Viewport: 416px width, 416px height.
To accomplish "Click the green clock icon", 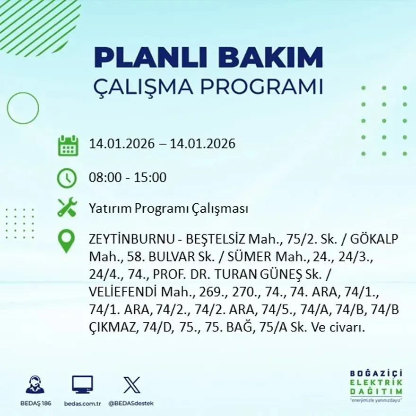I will click(67, 178).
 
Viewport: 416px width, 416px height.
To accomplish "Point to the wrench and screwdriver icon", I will click(67, 208).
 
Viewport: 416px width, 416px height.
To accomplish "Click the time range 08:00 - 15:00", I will click(128, 178).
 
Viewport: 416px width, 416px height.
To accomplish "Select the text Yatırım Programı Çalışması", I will click(168, 208).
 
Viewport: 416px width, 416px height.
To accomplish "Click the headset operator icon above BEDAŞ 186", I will click(35, 385).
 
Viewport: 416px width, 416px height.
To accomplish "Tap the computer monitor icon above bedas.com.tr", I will click(82, 385).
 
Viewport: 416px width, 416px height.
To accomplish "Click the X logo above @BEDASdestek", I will click(131, 385).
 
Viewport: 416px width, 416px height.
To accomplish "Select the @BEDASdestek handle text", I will click(131, 403).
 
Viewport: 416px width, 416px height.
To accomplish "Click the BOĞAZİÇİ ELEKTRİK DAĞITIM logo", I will click(376, 385).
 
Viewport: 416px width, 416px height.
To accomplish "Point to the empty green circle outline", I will click(23, 108).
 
